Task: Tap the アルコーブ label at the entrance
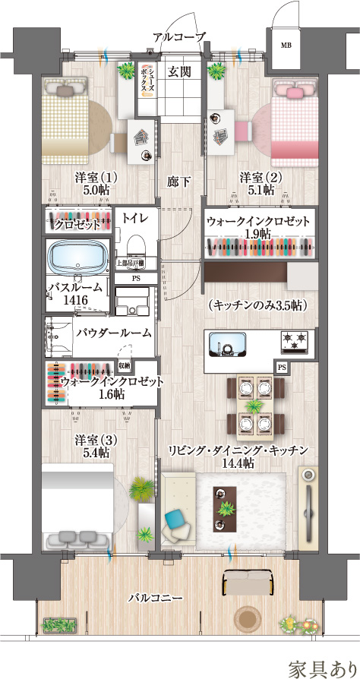tap(179, 36)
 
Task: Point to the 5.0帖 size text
tap(94, 191)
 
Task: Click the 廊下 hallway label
tap(179, 182)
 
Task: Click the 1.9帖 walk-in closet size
tap(257, 235)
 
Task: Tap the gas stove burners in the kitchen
tap(293, 344)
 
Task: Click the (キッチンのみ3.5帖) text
tap(256, 305)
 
